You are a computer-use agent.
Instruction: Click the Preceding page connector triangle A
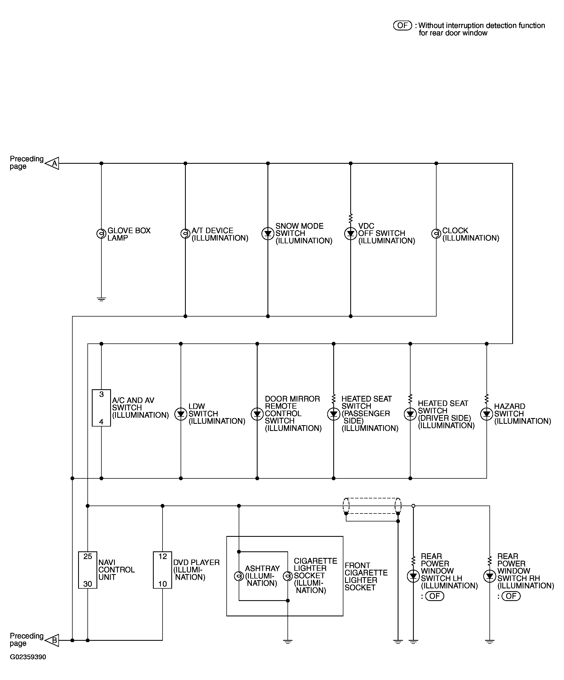pyautogui.click(x=53, y=163)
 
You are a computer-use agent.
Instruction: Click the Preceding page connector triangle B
pyautogui.click(x=53, y=640)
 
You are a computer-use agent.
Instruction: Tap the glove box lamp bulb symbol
pyautogui.click(x=101, y=233)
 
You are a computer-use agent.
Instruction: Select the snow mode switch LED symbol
pyautogui.click(x=267, y=233)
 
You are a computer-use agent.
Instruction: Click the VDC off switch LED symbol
pyautogui.click(x=351, y=233)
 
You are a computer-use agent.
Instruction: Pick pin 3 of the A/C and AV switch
pyautogui.click(x=101, y=394)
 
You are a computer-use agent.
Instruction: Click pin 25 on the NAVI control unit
pyautogui.click(x=88, y=556)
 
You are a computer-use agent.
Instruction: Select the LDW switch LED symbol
pyautogui.click(x=181, y=414)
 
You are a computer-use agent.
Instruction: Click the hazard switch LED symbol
pyautogui.click(x=486, y=414)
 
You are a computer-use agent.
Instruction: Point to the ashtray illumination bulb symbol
pyautogui.click(x=239, y=576)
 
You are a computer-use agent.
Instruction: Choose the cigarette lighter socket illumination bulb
pyautogui.click(x=288, y=576)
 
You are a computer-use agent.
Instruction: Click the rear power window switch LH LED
pyautogui.click(x=413, y=576)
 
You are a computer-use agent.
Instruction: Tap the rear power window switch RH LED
pyautogui.click(x=489, y=576)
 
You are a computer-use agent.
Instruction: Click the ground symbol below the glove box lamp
pyautogui.click(x=101, y=299)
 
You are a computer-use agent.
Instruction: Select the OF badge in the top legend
pyautogui.click(x=402, y=25)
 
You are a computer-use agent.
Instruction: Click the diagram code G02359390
pyautogui.click(x=28, y=657)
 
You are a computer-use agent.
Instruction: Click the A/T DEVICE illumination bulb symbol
pyautogui.click(x=185, y=233)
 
